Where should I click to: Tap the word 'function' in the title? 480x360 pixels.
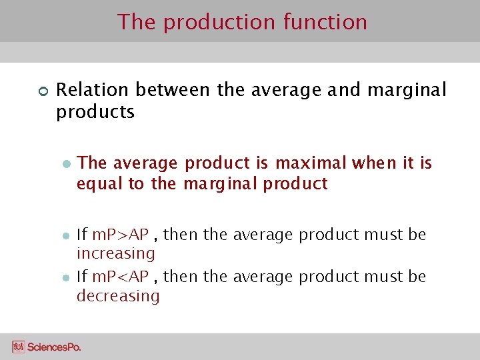click(x=325, y=22)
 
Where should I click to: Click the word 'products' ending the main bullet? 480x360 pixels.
click(x=95, y=112)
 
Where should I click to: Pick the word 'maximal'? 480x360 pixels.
click(x=312, y=163)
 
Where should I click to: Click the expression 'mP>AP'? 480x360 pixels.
click(x=120, y=235)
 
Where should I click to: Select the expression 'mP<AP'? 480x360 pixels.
click(x=120, y=276)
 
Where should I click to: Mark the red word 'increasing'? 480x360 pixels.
click(x=115, y=253)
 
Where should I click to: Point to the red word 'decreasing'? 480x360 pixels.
click(x=118, y=295)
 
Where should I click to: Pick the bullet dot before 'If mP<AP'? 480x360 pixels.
click(x=65, y=277)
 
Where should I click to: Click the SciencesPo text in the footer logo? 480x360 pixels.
click(x=55, y=347)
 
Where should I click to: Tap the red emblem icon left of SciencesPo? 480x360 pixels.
click(x=19, y=347)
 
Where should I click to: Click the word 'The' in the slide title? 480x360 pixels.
click(x=137, y=22)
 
